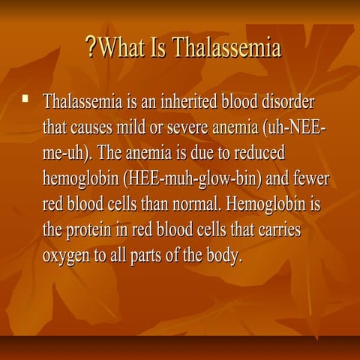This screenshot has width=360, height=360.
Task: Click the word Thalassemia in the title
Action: tap(226, 49)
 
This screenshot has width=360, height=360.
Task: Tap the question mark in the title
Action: tap(92, 49)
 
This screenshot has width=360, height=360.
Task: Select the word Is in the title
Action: tap(158, 49)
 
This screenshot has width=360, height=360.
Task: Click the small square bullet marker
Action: tap(26, 97)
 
